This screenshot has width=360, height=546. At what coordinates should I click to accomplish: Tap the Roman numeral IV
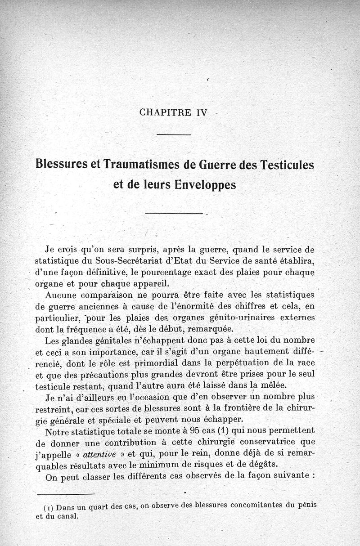[201, 112]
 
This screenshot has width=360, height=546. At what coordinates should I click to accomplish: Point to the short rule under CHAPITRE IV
[174, 134]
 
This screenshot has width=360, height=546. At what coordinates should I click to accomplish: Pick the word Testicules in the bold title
[286, 165]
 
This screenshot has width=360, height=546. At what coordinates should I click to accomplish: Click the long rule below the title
[175, 213]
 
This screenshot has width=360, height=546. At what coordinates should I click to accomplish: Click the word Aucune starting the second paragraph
[60, 295]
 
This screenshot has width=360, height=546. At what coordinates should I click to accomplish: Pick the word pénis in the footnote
[306, 505]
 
